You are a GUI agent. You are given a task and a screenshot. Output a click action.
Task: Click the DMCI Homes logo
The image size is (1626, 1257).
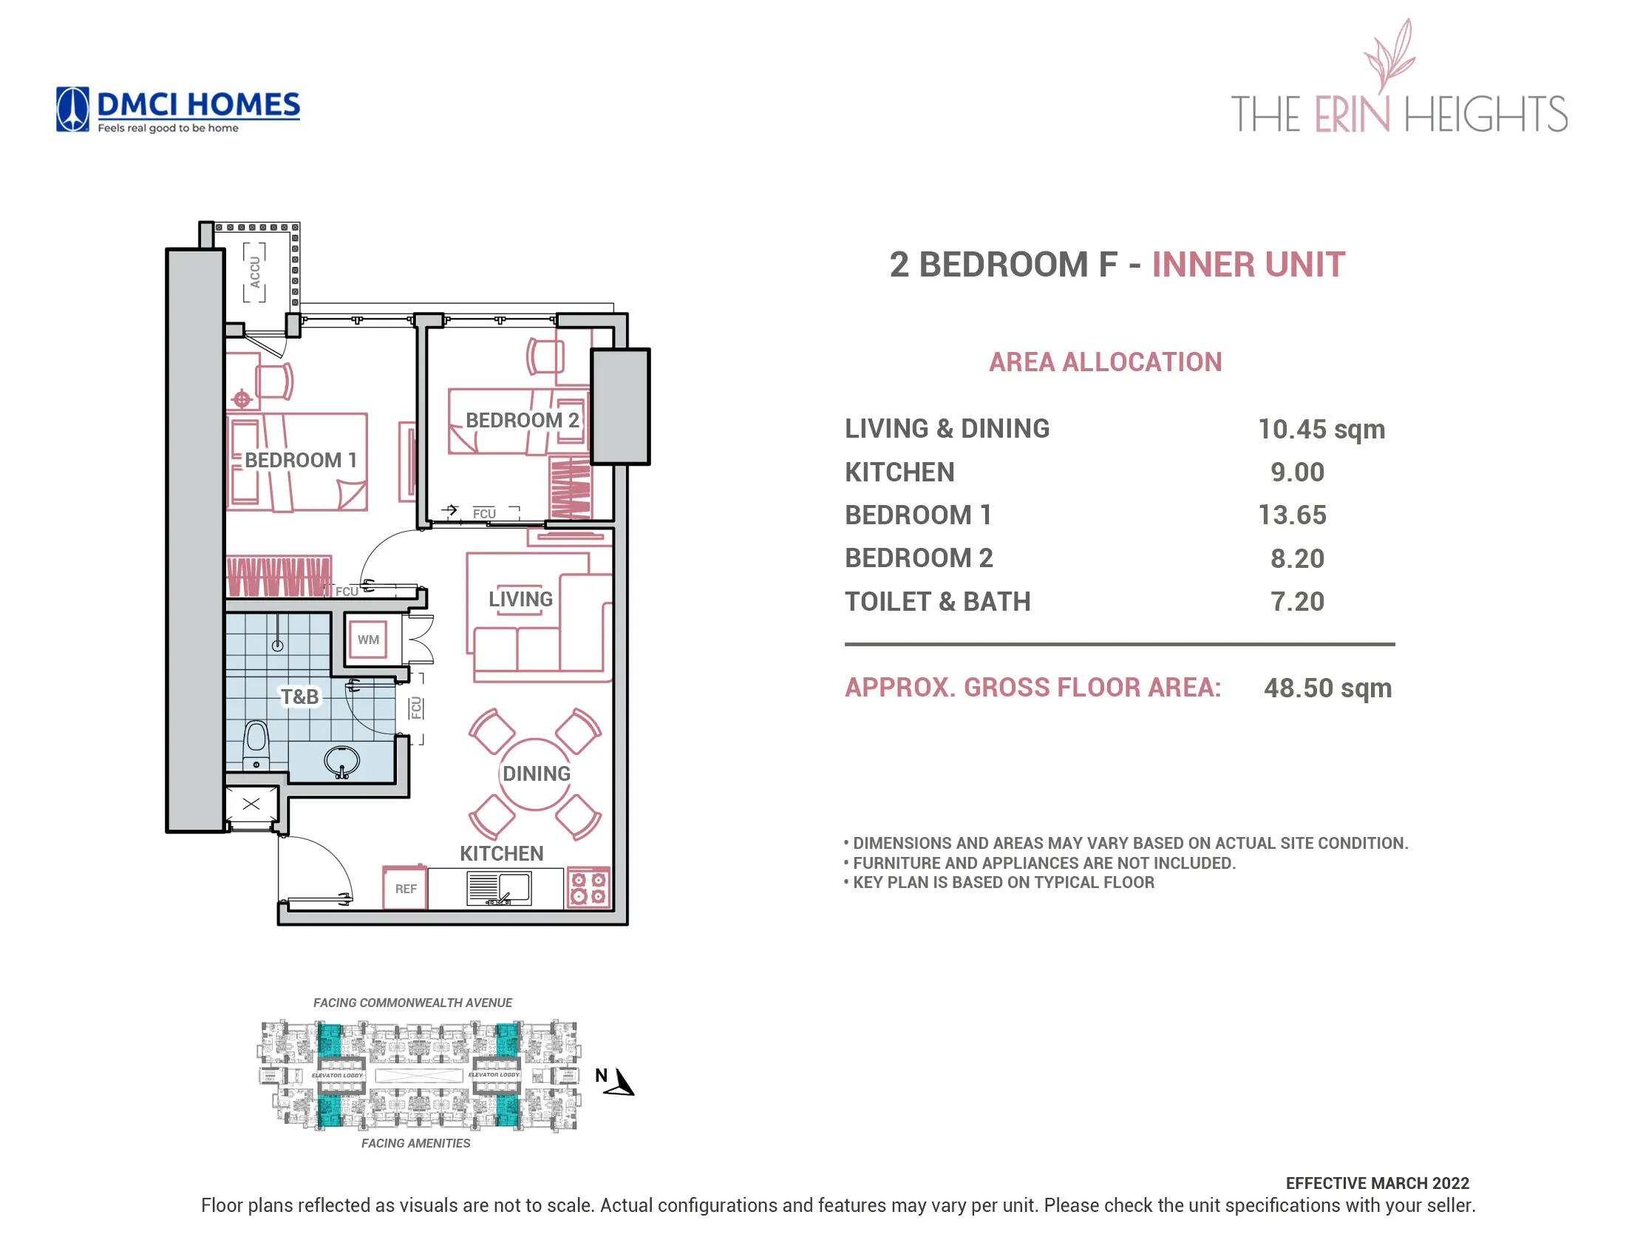coord(177,110)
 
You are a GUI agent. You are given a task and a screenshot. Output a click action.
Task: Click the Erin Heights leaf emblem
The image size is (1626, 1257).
coord(1389,55)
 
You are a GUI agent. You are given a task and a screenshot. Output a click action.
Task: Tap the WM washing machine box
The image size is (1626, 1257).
coord(368,640)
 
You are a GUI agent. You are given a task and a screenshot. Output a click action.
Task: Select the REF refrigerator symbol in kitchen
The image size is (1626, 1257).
coord(405,888)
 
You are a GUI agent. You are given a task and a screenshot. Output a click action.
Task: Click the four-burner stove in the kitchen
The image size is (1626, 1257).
coord(588,887)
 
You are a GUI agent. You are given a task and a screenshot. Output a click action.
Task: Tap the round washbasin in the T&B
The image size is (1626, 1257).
coord(341,761)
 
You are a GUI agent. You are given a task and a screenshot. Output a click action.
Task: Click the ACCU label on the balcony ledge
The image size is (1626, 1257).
coord(255,272)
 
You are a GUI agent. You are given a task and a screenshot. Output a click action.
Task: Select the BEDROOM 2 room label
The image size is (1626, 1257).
coord(522,420)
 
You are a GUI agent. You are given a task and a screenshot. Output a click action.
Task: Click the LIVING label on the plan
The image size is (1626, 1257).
coord(520,599)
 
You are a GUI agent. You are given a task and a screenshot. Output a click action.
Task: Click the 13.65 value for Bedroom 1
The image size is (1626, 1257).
coord(1292,515)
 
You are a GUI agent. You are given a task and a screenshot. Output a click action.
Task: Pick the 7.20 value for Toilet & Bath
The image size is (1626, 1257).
coord(1297,602)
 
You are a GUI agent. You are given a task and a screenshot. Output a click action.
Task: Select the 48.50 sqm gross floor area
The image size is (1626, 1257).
coord(1327,688)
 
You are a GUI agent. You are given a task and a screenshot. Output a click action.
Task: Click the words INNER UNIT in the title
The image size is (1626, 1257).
coord(1248,265)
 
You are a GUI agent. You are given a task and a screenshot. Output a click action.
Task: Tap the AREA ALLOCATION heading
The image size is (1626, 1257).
coord(1105,362)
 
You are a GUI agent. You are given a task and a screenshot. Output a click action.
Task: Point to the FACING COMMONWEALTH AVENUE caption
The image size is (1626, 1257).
coord(412,1003)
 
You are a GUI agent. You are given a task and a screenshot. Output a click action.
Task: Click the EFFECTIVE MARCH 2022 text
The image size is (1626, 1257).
coord(1377,1183)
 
